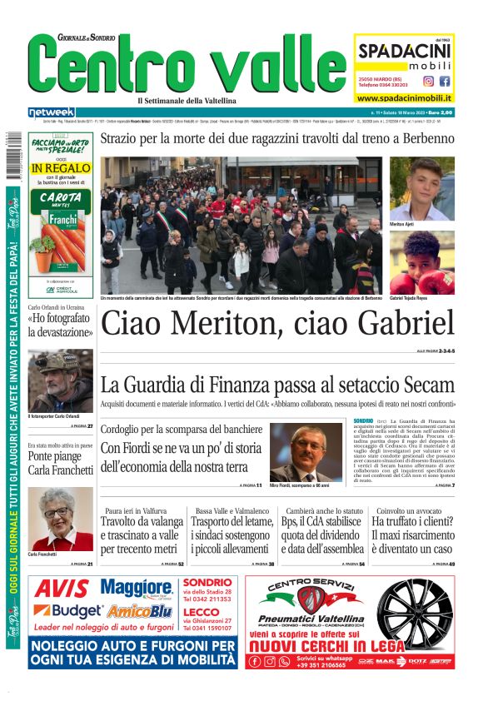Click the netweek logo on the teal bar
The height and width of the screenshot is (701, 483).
coord(51,112)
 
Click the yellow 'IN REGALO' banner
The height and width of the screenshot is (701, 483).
coord(59,168)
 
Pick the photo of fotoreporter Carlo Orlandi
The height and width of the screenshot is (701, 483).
coord(60,380)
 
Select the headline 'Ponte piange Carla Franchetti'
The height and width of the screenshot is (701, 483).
coord(60,464)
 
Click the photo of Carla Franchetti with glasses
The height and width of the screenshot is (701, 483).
coord(60,519)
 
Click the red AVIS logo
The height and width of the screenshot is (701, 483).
coord(62,589)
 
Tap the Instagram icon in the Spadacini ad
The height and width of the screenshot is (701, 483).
coord(428,82)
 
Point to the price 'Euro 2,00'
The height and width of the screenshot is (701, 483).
coord(436,112)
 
